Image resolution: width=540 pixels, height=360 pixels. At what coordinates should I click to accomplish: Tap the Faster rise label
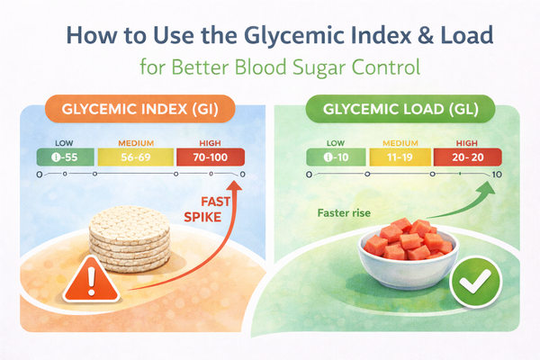tap(346, 214)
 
